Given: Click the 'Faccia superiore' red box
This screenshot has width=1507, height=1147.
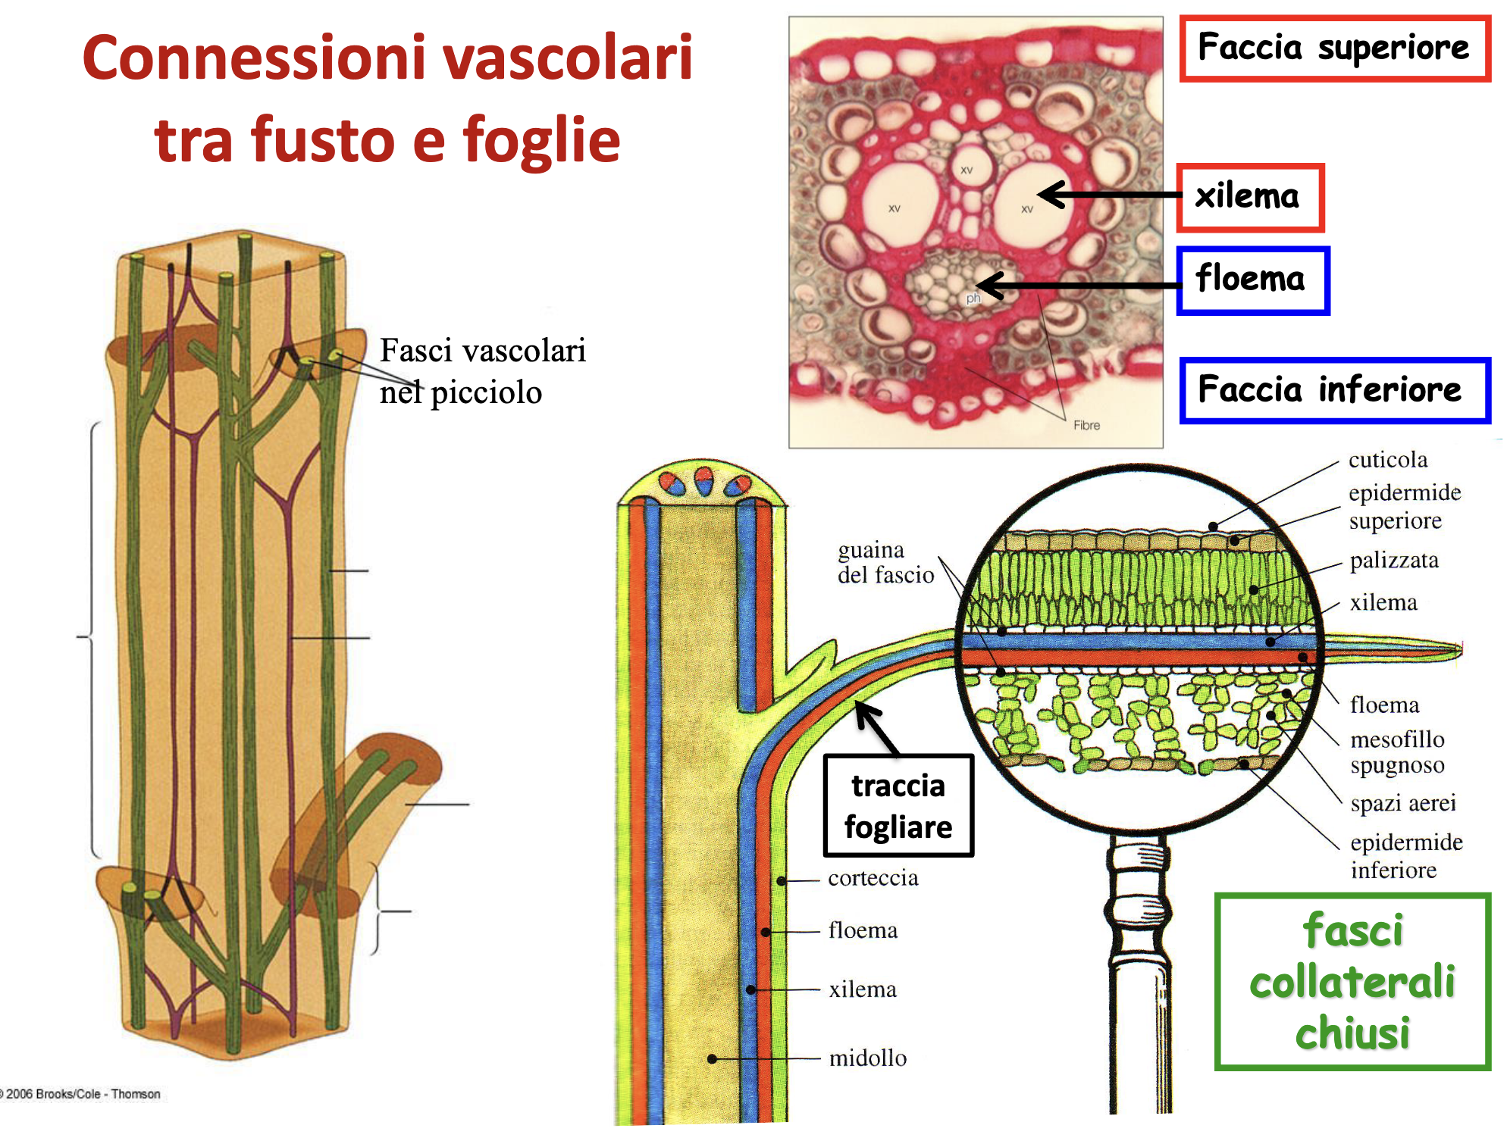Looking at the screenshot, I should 1334,48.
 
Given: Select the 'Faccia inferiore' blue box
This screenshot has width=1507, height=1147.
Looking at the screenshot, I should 1334,390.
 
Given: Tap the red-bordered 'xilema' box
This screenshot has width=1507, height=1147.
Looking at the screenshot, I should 1249,197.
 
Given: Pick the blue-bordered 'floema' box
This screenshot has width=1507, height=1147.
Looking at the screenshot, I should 1252,280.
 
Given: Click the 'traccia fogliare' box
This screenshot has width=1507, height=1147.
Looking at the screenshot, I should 898,806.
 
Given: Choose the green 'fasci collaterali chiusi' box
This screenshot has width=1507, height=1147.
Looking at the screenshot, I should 1352,982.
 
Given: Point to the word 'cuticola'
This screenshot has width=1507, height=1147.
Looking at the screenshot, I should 1387,460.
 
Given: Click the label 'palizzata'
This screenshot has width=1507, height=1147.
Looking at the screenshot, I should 1394,561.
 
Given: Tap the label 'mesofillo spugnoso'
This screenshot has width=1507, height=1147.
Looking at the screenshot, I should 1397,752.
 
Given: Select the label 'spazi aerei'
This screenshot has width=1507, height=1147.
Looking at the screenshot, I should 1402,803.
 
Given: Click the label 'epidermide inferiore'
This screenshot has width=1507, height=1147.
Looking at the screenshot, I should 1406,856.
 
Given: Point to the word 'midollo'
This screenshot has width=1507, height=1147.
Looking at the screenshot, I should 867,1058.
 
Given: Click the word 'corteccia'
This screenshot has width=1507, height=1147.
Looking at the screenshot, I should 873,878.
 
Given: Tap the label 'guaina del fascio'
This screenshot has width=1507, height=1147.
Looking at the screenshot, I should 885,562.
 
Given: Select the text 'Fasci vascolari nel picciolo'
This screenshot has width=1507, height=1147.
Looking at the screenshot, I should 482,371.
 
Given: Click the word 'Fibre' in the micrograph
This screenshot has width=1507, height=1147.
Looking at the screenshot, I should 1086,426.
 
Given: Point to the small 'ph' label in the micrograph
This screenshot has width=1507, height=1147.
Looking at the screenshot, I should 973,298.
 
